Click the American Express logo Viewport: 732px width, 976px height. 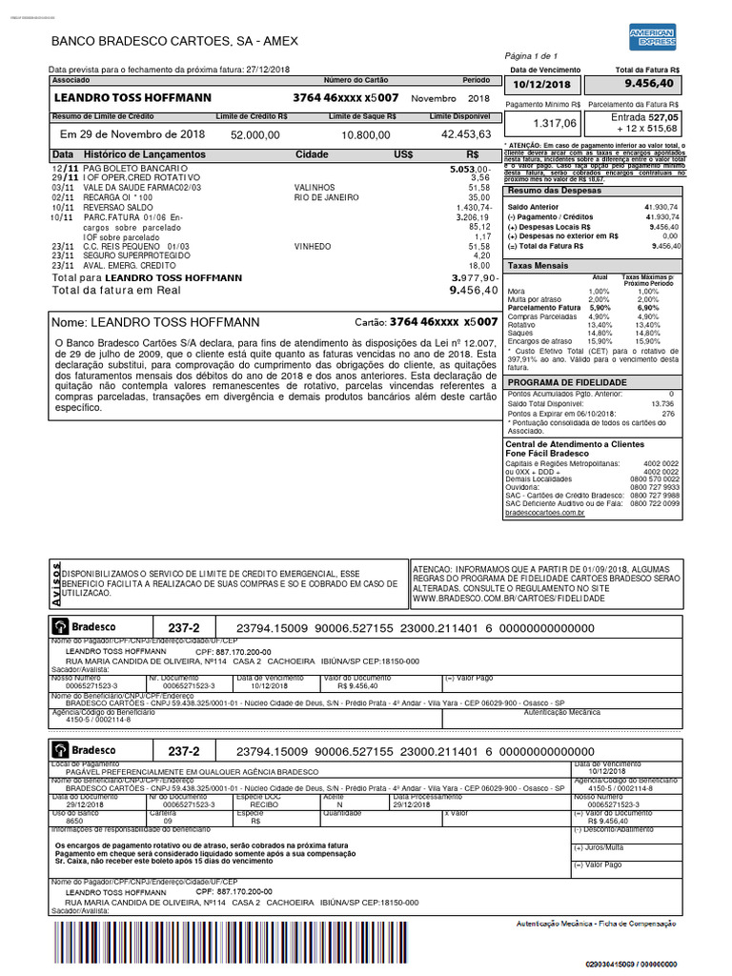tap(652, 36)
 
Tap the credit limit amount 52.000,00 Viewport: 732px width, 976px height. tap(255, 135)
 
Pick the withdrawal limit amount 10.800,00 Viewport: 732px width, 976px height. tap(362, 135)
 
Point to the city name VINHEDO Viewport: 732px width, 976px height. tap(314, 246)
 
